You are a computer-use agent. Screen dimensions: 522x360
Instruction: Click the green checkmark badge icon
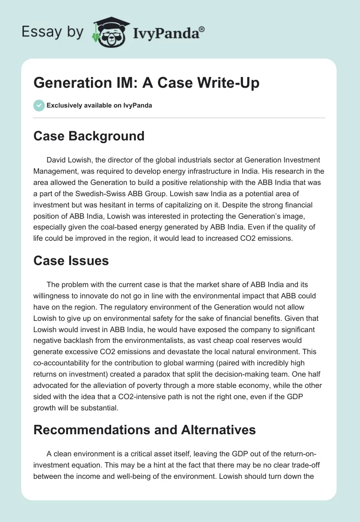pyautogui.click(x=39, y=105)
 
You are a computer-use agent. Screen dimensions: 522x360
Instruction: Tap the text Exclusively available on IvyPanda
pyautogui.click(x=99, y=106)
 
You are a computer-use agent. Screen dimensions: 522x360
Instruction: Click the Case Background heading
pyautogui.click(x=89, y=135)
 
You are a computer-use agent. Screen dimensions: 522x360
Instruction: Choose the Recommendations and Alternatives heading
pyautogui.click(x=144, y=430)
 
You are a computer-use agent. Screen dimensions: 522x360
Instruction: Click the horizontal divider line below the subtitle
pyautogui.click(x=180, y=118)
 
